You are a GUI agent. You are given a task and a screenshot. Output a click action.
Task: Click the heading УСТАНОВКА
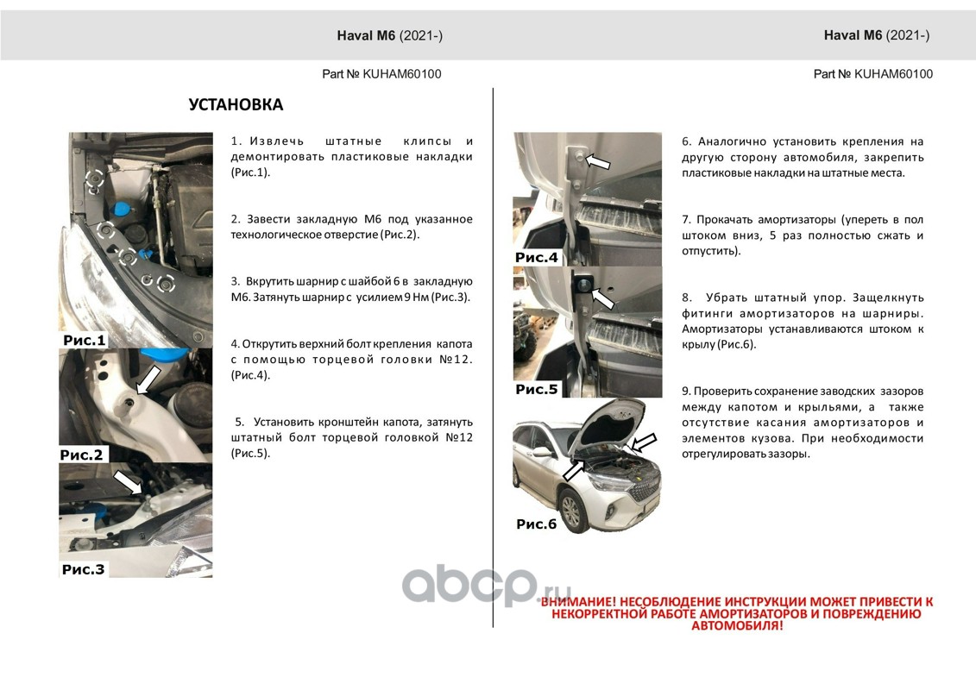click(x=236, y=105)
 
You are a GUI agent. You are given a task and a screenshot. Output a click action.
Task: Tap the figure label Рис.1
click(x=85, y=341)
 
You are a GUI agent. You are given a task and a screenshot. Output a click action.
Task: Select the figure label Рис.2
click(x=81, y=455)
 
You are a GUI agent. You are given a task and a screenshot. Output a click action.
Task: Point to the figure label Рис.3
click(x=84, y=569)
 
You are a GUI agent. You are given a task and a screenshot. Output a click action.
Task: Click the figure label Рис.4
click(x=537, y=257)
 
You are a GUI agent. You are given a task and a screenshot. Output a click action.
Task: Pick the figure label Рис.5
click(x=537, y=389)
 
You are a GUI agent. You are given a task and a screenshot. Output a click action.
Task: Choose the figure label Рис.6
click(x=537, y=524)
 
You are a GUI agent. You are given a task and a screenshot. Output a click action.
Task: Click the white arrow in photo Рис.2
click(x=148, y=379)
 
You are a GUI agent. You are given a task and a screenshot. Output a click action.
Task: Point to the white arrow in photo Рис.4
click(x=597, y=162)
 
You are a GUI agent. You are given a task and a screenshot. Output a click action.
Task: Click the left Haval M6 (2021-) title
click(x=389, y=35)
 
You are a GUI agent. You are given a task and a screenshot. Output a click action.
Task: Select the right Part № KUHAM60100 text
click(x=873, y=74)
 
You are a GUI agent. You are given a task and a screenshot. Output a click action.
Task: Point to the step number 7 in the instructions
click(x=685, y=219)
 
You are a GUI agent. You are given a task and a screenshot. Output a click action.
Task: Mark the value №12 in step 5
click(x=457, y=437)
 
